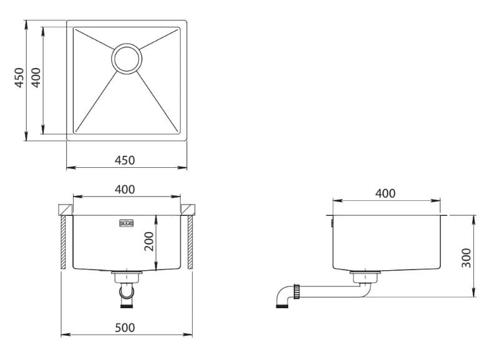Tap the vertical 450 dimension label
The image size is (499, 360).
[19, 77]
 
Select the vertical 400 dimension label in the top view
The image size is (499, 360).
[36, 77]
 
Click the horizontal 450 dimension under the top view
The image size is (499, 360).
[125, 160]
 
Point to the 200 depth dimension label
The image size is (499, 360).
[149, 241]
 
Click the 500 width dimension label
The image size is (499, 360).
[125, 328]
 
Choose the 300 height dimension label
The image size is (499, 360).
[466, 258]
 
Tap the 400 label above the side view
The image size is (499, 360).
[385, 193]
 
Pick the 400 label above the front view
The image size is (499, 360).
[125, 190]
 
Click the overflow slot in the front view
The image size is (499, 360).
[127, 223]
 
